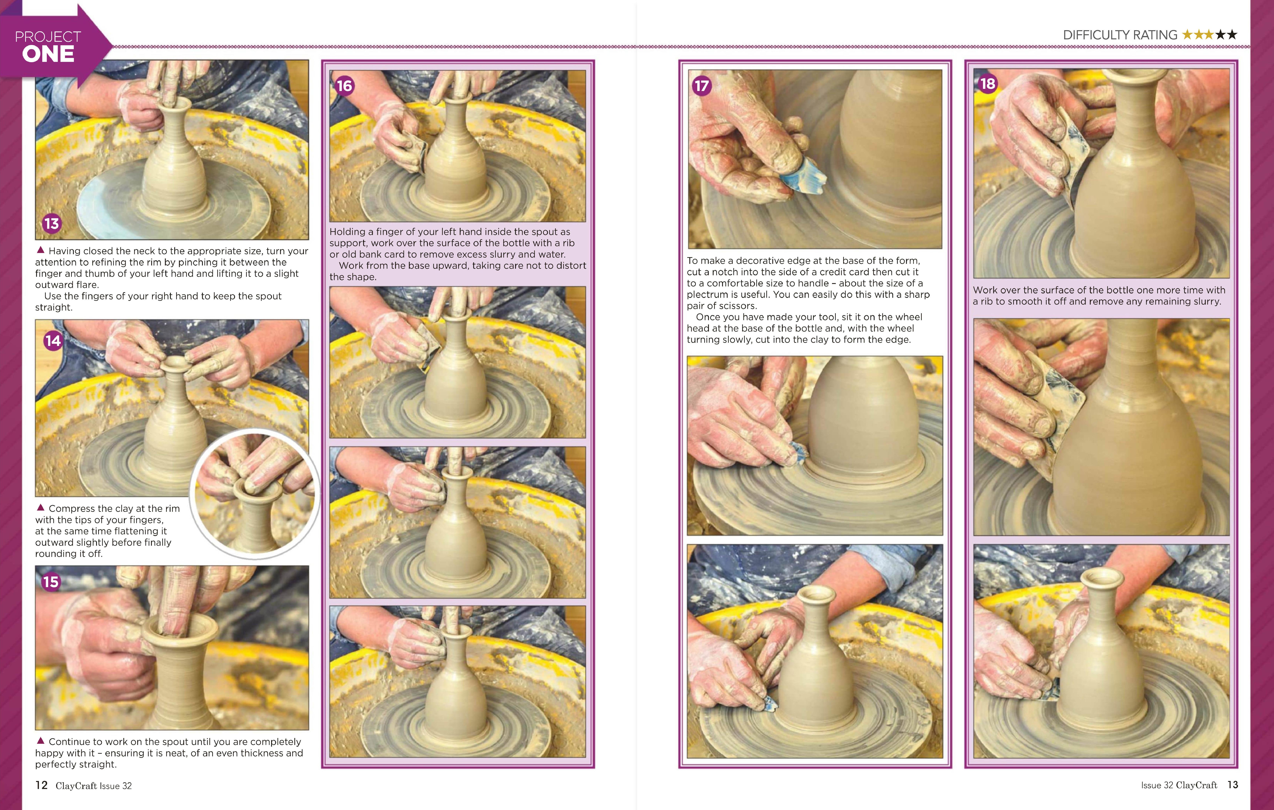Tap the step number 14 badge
(53, 341)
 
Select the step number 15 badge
(51, 582)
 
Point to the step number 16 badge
(344, 86)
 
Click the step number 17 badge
(702, 86)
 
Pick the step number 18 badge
(988, 84)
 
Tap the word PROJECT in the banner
(48, 36)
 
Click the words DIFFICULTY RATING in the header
(1120, 35)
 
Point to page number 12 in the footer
(41, 785)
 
